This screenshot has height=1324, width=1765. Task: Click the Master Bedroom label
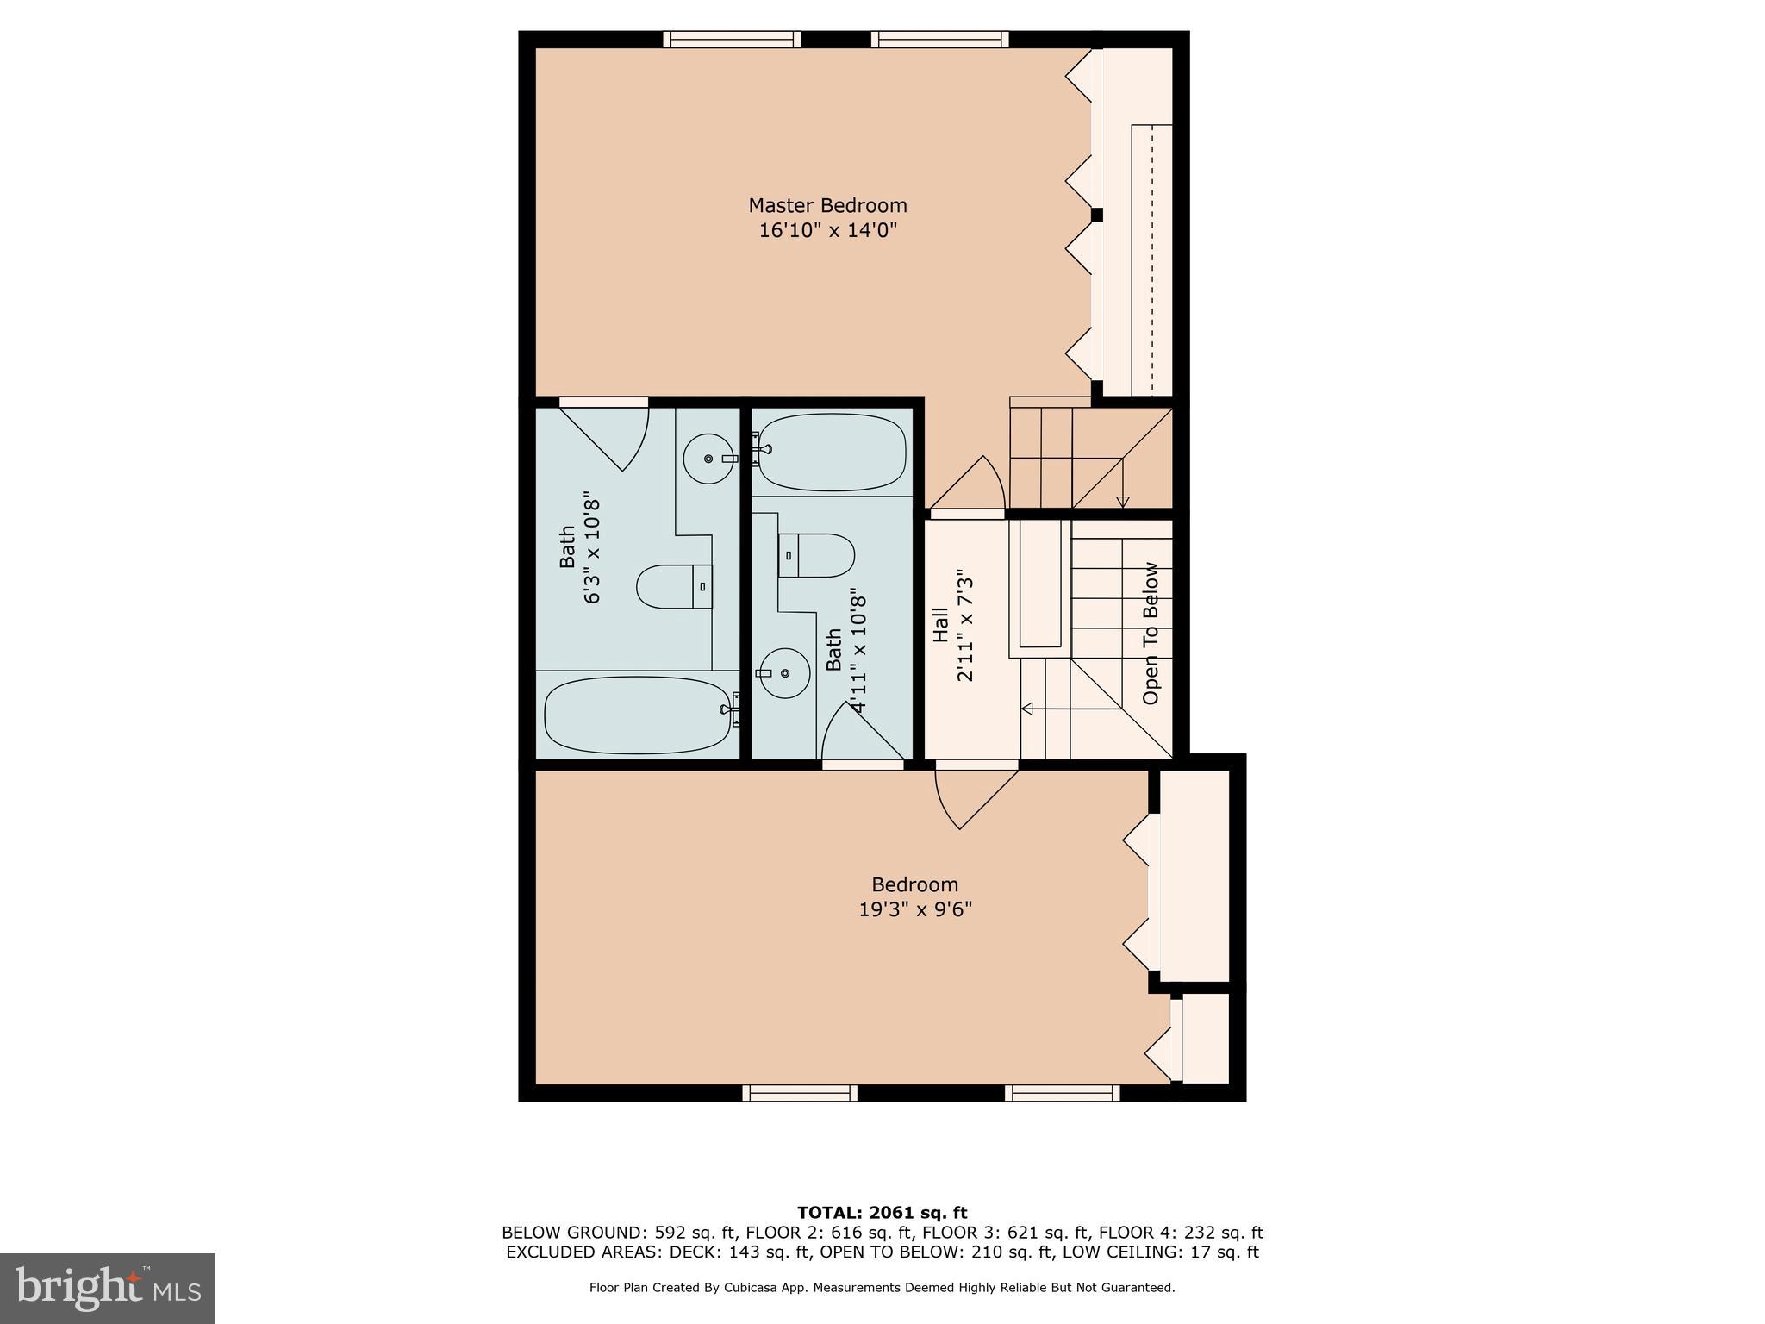click(x=827, y=205)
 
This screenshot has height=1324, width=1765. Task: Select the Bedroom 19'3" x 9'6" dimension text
click(x=915, y=909)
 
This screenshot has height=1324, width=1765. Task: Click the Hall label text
click(x=940, y=625)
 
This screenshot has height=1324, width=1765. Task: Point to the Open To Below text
click(x=1151, y=634)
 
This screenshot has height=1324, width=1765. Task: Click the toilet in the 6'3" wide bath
click(x=674, y=587)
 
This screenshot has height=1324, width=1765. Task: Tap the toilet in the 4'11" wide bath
click(x=816, y=555)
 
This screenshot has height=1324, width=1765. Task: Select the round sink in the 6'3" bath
click(x=708, y=459)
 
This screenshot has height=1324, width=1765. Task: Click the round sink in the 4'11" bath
click(x=784, y=673)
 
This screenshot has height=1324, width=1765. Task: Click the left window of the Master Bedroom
click(x=732, y=39)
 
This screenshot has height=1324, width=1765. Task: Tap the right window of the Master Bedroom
click(x=939, y=39)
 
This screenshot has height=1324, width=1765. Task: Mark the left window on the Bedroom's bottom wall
click(x=800, y=1093)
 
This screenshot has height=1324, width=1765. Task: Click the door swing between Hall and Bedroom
click(x=970, y=797)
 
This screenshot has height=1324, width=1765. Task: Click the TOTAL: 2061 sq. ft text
click(x=882, y=1213)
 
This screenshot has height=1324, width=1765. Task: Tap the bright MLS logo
click(x=108, y=1288)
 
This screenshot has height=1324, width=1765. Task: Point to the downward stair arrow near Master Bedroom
click(x=1122, y=501)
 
